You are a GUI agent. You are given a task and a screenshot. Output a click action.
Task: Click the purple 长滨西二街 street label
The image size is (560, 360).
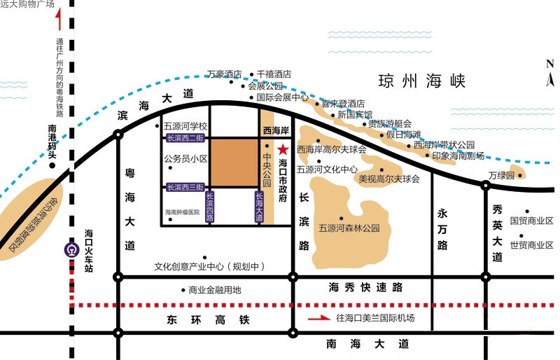tap(185, 138)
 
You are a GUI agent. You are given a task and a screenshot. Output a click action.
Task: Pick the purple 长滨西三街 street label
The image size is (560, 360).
tap(185, 187)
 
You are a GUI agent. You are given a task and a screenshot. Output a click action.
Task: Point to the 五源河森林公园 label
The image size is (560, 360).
tap(349, 228)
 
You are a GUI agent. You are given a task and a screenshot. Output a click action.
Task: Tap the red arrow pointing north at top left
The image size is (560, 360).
tap(59, 20)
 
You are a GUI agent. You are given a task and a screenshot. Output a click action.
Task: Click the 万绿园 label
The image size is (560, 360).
tap(501, 174)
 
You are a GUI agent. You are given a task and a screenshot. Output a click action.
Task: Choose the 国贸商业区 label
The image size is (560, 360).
tap(531, 221)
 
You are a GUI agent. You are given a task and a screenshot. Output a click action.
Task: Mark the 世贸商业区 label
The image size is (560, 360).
tap(531, 245)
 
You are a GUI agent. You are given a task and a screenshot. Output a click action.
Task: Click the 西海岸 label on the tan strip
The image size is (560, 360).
tap(275, 130)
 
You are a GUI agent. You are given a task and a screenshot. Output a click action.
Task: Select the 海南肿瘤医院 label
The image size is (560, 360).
tap(183, 212)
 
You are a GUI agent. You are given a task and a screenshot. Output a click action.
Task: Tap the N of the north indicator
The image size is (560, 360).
tap(549, 64)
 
